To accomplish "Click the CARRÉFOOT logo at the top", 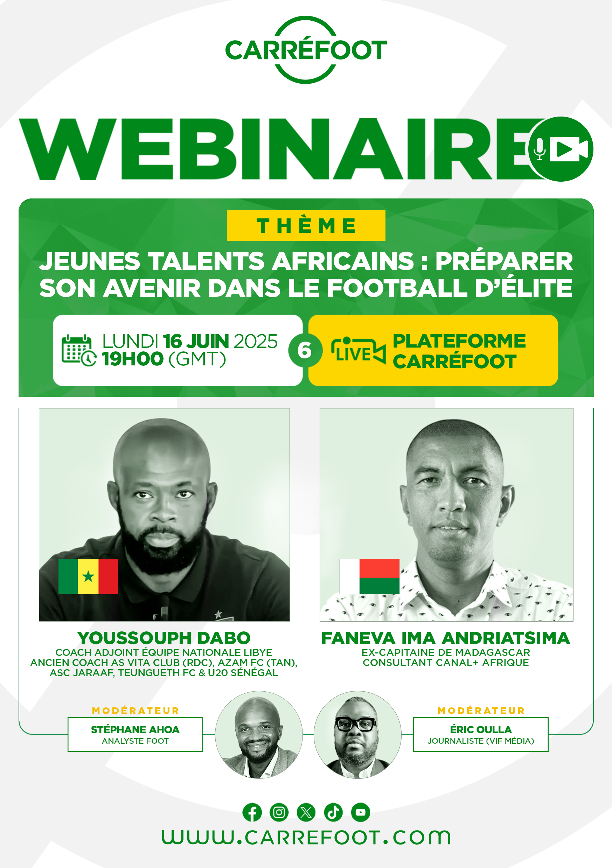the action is click(x=306, y=50).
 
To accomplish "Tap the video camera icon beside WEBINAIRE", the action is click(x=569, y=149).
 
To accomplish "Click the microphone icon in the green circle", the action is click(x=540, y=149).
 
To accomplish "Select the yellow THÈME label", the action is click(x=306, y=225).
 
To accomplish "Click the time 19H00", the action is click(x=132, y=359).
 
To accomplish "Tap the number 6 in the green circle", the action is click(x=305, y=350).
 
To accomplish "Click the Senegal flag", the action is click(x=88, y=576).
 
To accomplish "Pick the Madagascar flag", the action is click(x=369, y=576).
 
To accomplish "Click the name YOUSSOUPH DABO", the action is click(x=164, y=638).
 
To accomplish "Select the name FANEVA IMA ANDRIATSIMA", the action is click(x=446, y=638).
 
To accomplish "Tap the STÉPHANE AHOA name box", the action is click(x=135, y=735).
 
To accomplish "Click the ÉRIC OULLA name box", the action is click(x=481, y=735).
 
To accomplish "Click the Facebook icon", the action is click(x=252, y=812).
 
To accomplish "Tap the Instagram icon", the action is click(x=279, y=812).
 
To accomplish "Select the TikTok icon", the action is click(x=333, y=812).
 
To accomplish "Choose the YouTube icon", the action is click(x=361, y=812).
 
